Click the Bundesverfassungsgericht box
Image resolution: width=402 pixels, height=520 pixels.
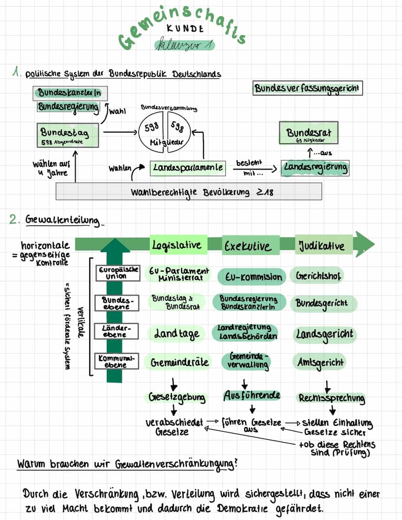pos(308,89)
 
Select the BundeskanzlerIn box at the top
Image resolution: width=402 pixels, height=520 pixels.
pos(70,92)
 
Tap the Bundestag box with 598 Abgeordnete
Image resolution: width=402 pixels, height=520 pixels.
pos(68,135)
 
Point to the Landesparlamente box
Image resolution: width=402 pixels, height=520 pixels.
pos(187,168)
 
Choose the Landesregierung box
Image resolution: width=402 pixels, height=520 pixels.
pos(316,168)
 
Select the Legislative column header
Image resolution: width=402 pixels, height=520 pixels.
pos(176,245)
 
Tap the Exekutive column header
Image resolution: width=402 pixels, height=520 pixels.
pos(251,246)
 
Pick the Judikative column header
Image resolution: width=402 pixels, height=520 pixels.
pos(322,245)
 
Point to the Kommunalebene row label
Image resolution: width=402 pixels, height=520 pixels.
pos(115,361)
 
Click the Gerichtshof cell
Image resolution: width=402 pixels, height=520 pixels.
pos(318,276)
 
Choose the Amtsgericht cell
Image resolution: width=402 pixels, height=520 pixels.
pos(321,362)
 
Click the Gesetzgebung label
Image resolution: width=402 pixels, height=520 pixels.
pos(177,398)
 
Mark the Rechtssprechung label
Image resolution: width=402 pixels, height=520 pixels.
pos(332,398)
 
